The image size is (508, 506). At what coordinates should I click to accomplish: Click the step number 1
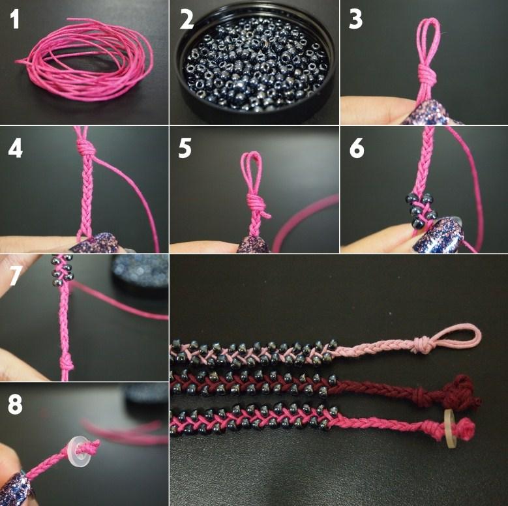(15, 19)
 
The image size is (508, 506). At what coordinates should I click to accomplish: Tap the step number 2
(187, 19)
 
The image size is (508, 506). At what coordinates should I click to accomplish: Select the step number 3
(355, 19)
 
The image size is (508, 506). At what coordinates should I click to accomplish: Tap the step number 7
(16, 275)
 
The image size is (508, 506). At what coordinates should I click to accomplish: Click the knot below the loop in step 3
(427, 74)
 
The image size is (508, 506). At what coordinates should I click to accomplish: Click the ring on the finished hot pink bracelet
(449, 428)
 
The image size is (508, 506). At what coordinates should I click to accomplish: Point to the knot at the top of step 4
(87, 147)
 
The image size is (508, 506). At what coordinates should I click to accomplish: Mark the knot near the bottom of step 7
(66, 363)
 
